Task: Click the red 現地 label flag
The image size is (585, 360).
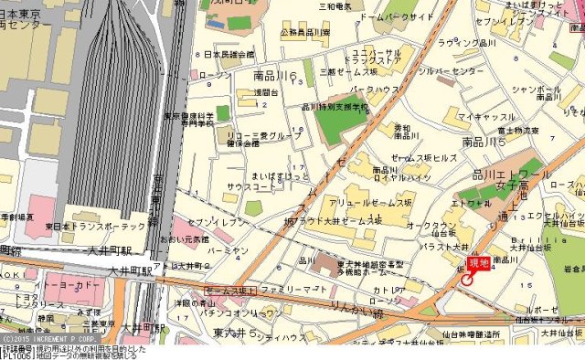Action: coord(479,263)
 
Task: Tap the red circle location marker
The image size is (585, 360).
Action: coord(468,280)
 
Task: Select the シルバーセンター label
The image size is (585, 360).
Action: coord(452,70)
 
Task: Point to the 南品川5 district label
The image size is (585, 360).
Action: coord(484,143)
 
